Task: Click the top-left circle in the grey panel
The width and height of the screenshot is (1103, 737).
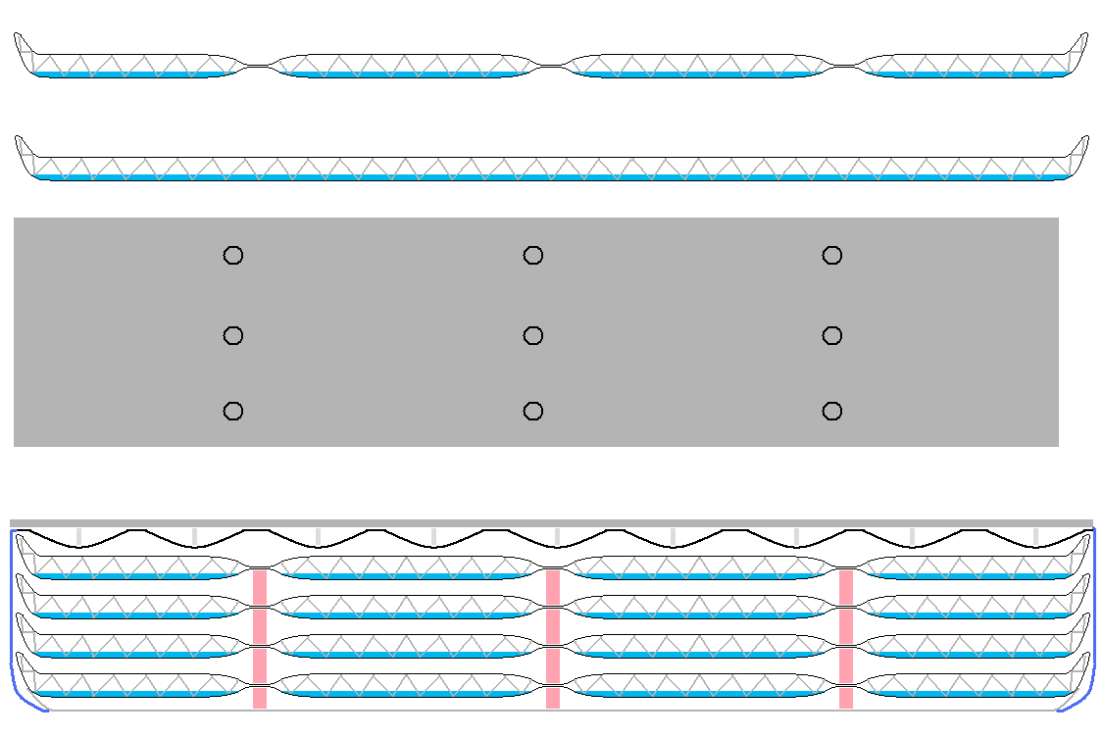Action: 232,256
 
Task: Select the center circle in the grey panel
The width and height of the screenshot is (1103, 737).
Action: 532,336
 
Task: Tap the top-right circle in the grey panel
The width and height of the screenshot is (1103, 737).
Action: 831,256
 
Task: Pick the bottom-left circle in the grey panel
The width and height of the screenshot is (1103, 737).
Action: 232,411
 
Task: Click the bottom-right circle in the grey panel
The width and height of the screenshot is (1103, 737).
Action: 831,411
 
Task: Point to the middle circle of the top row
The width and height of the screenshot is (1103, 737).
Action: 532,256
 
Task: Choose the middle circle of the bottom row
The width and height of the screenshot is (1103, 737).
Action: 532,411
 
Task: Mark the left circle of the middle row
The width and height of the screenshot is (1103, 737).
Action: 232,336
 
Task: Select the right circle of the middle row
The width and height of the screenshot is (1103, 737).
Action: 831,336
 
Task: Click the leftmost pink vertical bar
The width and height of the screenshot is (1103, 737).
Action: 260,638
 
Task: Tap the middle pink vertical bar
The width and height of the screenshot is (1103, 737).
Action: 553,638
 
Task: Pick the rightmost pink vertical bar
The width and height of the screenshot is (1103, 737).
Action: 845,638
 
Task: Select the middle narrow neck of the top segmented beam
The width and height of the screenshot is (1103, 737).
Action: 553,66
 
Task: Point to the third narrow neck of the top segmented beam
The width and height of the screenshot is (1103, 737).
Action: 845,66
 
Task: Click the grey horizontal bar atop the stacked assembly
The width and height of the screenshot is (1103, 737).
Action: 551,523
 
